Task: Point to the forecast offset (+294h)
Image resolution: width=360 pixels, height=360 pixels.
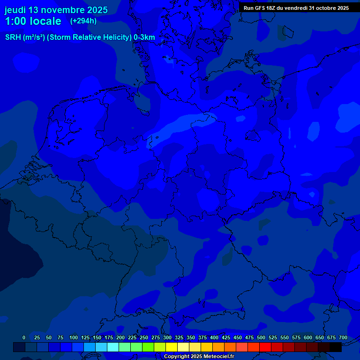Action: tap(83, 21)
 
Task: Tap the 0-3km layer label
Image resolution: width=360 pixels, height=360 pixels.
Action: tap(144, 37)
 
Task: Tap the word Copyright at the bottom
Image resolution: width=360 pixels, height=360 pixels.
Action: tap(176, 357)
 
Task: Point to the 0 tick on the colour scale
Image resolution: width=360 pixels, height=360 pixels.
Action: tap(24, 337)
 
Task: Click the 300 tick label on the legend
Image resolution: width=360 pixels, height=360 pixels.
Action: tap(167, 337)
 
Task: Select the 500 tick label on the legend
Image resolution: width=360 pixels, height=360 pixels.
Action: tap(261, 337)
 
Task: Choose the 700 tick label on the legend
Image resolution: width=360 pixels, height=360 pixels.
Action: tap(343, 337)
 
